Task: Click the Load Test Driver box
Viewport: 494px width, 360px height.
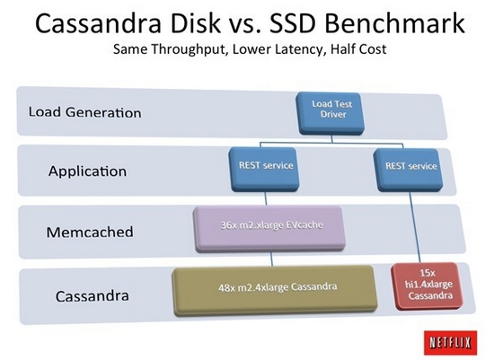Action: (x=331, y=113)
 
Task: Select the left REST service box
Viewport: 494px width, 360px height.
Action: (x=264, y=170)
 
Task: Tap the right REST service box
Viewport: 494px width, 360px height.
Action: (x=409, y=170)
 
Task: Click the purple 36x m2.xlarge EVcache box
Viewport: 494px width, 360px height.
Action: (x=269, y=229)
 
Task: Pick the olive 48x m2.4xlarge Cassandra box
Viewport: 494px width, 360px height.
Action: (x=275, y=290)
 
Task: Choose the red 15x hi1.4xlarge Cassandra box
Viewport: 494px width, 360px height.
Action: (x=427, y=286)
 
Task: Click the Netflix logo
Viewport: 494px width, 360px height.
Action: (x=450, y=342)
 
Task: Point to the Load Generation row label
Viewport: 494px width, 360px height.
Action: (x=84, y=112)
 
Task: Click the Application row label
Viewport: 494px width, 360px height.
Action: (x=88, y=171)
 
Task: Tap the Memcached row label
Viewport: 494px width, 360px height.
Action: (x=90, y=233)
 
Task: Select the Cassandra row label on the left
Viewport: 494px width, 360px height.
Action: (x=93, y=296)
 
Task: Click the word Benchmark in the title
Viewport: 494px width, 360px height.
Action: (x=395, y=23)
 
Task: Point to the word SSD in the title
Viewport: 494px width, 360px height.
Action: (x=293, y=23)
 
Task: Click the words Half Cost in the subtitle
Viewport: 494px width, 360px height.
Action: (x=358, y=48)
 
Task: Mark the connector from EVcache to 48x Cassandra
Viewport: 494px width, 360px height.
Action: (x=271, y=259)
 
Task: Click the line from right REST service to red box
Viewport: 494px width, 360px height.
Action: (x=415, y=227)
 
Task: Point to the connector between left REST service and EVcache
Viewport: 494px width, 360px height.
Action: (x=265, y=198)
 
